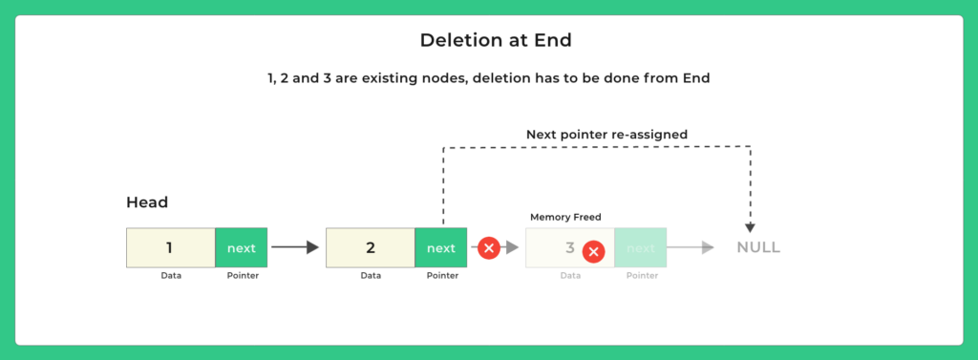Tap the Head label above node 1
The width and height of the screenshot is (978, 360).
point(147,202)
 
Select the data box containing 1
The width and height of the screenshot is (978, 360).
point(170,247)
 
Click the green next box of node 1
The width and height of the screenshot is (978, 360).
point(242,247)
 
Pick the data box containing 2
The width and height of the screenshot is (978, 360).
point(371,247)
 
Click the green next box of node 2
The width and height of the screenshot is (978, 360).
point(441,247)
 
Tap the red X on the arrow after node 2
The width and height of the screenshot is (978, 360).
point(489,248)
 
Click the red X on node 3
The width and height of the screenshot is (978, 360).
point(594,252)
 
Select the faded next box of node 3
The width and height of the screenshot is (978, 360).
point(641,247)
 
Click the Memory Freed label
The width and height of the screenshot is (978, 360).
point(565,218)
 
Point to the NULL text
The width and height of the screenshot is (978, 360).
point(758,247)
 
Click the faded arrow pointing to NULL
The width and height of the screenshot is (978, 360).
point(691,247)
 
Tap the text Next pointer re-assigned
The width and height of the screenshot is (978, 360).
point(606,135)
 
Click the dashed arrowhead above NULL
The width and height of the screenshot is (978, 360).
point(750,226)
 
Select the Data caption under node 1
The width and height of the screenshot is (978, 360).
point(170,276)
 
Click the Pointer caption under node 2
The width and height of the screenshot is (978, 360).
point(441,276)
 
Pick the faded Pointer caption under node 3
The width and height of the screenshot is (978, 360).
point(641,276)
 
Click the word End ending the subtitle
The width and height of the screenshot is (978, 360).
point(694,78)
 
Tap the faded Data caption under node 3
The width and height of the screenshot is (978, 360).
point(570,276)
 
